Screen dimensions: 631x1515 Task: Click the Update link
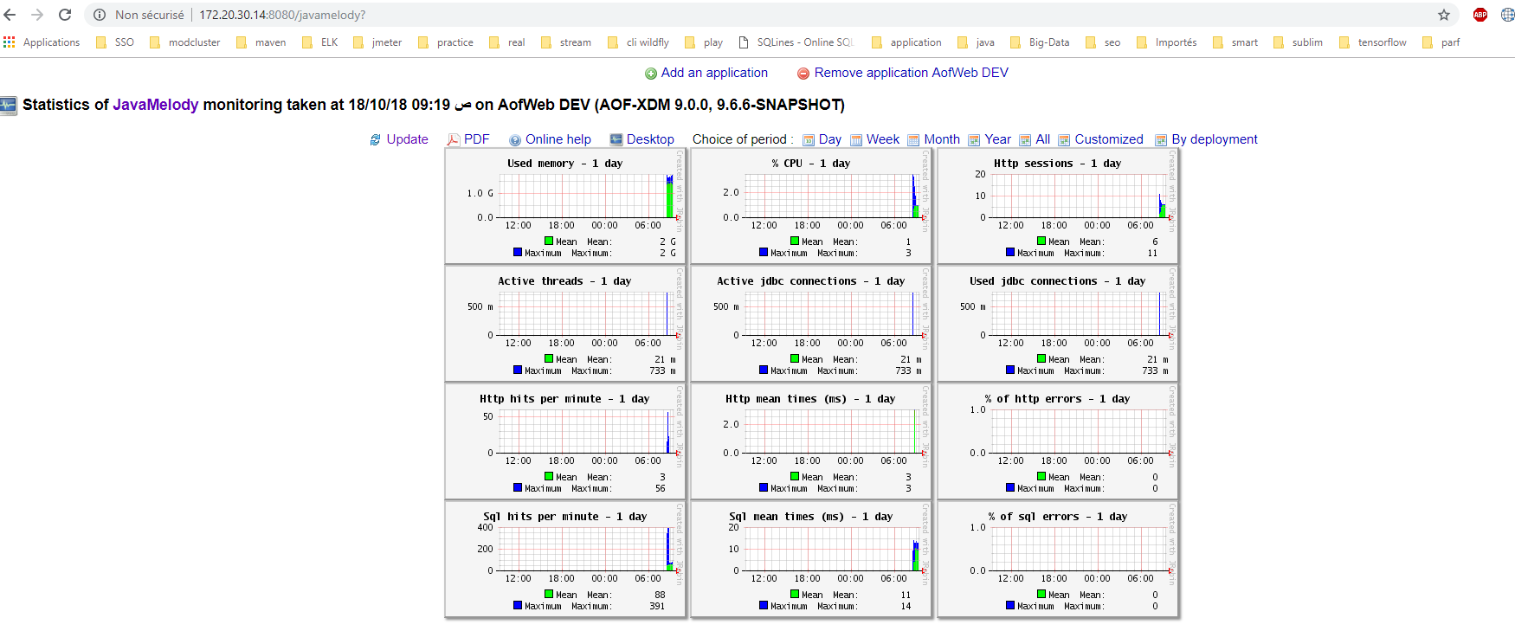(406, 139)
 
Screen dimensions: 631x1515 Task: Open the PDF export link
(476, 139)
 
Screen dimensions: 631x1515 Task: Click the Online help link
(558, 139)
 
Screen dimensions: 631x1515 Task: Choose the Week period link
(882, 139)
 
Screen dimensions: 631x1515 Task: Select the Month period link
(941, 139)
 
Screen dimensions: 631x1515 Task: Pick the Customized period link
(1108, 139)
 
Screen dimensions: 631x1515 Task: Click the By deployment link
(1214, 139)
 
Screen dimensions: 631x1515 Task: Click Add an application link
(713, 73)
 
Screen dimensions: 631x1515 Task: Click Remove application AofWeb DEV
(911, 73)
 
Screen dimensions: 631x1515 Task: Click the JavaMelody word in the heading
(156, 105)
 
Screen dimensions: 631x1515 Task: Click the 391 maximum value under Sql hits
(657, 606)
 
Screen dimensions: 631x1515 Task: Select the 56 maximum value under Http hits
(660, 488)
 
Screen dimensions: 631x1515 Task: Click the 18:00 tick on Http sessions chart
(1054, 225)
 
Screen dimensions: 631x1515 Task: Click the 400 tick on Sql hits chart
(485, 527)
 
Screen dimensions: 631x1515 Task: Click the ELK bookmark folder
(329, 42)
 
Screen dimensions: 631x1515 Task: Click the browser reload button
(65, 15)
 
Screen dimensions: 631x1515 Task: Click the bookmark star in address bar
(1444, 15)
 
